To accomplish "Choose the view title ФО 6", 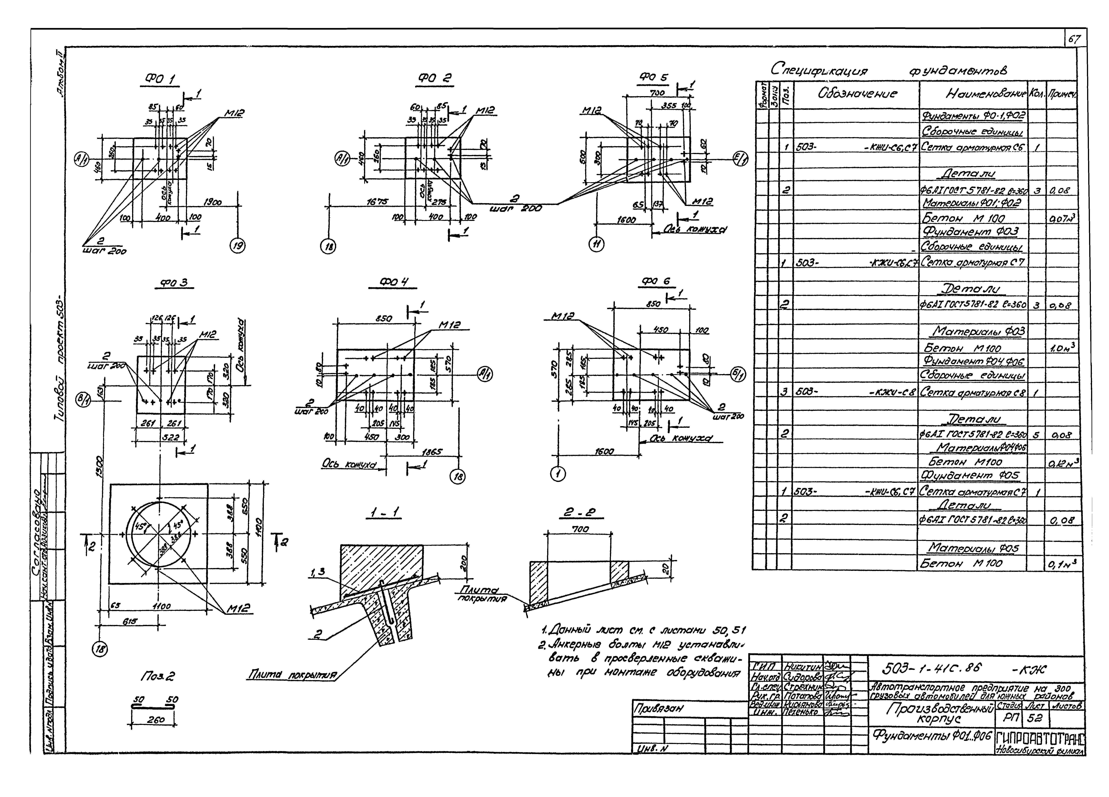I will click(x=656, y=281).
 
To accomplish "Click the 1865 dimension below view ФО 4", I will click(x=432, y=452).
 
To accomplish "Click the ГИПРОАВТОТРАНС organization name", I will click(x=1040, y=738).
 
